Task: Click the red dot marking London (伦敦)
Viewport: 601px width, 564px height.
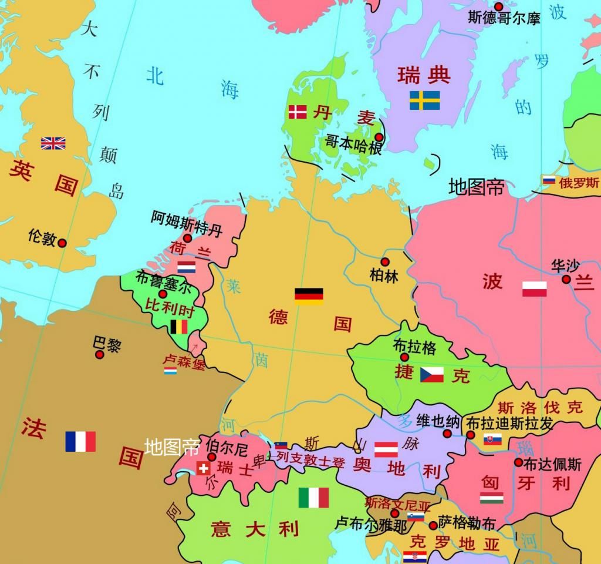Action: coord(62,243)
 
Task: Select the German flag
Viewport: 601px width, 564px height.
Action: coord(309,296)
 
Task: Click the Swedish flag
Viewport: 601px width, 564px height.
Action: coord(424,100)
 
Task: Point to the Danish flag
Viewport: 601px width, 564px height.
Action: coord(298,112)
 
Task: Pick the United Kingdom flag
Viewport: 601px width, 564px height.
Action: coord(53,143)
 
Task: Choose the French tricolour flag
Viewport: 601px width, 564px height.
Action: coord(80,441)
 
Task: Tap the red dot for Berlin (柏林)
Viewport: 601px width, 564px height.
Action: coord(385,261)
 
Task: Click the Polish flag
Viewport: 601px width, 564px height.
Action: coord(534,288)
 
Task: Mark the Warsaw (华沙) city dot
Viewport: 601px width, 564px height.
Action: coord(566,279)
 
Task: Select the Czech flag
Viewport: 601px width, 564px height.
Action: coord(432,375)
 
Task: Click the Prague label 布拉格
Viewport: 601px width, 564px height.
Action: coord(415,347)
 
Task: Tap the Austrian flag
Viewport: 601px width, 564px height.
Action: coord(386,449)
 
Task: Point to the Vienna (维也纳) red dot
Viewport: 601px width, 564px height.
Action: coord(447,434)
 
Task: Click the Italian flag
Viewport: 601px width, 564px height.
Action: coord(313,498)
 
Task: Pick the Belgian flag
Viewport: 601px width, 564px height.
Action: coord(178,327)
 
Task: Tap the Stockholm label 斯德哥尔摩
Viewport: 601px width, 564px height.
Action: coord(504,18)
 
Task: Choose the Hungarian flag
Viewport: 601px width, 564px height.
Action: coord(491,498)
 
